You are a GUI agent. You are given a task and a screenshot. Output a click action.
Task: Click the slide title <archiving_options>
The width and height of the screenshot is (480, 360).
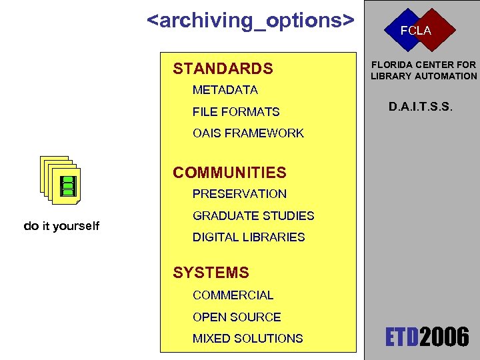tap(250, 21)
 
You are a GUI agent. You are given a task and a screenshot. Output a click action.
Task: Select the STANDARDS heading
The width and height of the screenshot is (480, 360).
tap(223, 69)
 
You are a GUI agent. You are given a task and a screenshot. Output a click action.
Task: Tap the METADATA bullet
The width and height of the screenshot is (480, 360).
tap(225, 90)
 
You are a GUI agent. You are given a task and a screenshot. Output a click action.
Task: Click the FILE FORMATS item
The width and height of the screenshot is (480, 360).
tap(236, 112)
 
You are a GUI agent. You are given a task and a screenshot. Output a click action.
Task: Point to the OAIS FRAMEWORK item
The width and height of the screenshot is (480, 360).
tap(248, 133)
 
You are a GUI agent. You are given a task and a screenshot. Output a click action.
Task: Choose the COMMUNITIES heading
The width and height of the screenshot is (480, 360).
tap(229, 173)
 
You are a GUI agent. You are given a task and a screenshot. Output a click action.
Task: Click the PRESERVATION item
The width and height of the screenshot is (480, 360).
tap(239, 194)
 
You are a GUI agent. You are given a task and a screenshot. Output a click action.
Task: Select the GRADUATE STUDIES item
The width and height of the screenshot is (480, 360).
tap(253, 216)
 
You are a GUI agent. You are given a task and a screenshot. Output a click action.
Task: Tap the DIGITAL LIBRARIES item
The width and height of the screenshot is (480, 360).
tap(249, 237)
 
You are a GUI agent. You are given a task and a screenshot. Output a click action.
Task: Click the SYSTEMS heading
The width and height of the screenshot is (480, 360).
tap(211, 273)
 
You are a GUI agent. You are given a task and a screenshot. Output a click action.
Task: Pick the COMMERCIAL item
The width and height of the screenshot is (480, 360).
tap(233, 295)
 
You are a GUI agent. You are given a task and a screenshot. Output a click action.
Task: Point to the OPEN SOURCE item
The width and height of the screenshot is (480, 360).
tap(237, 317)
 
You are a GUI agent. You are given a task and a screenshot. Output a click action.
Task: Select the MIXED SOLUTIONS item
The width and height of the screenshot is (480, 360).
tap(247, 339)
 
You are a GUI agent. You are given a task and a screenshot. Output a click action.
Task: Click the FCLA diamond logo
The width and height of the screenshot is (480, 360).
tap(415, 31)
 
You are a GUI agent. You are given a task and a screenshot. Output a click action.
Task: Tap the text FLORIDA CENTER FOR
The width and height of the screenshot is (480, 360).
tap(424, 65)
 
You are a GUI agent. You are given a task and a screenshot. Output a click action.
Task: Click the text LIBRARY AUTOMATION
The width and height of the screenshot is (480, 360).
tap(424, 76)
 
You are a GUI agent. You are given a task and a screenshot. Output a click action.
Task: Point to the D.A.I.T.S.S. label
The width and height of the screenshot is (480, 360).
tap(421, 105)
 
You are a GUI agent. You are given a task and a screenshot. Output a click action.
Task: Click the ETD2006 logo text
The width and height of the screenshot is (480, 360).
tap(427, 337)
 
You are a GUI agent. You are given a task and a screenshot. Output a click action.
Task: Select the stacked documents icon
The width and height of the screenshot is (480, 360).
tap(60, 181)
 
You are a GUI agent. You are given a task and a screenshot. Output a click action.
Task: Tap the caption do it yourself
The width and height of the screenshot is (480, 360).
tap(61, 226)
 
